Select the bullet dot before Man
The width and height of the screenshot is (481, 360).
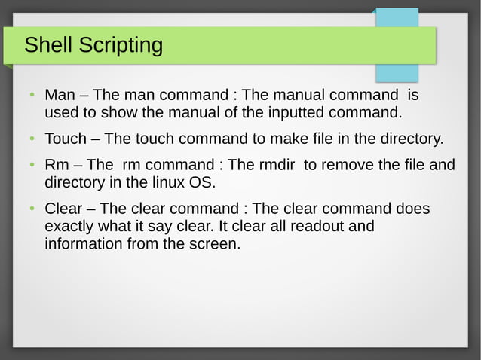click(x=32, y=96)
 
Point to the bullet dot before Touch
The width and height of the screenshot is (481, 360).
click(x=32, y=139)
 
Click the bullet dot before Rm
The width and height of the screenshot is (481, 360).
click(x=32, y=165)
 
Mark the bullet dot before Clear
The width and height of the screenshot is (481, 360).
click(x=32, y=209)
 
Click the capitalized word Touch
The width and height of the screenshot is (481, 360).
click(x=66, y=139)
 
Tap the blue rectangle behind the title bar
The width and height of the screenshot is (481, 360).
click(x=397, y=72)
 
